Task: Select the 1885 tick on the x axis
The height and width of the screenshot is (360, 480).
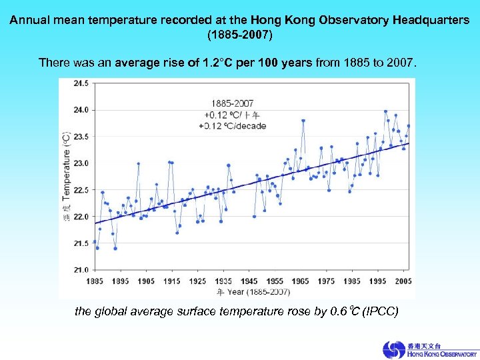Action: (95, 281)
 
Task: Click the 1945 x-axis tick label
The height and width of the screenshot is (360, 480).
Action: (249, 281)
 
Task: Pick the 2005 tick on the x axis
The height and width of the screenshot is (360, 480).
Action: (403, 281)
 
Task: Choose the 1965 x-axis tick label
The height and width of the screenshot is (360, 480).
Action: (300, 281)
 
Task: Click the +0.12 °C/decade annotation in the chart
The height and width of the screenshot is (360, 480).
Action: (232, 126)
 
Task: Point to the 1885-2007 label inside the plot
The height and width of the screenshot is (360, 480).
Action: (232, 103)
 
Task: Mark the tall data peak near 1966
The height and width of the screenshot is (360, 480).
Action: (303, 121)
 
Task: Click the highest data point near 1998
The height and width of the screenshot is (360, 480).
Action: (385, 111)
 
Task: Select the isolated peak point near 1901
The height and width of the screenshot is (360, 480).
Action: (138, 163)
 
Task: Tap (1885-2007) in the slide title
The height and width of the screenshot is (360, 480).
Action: (239, 33)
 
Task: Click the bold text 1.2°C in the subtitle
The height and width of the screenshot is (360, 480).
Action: (201, 63)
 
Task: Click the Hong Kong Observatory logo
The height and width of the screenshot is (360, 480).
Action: (429, 350)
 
